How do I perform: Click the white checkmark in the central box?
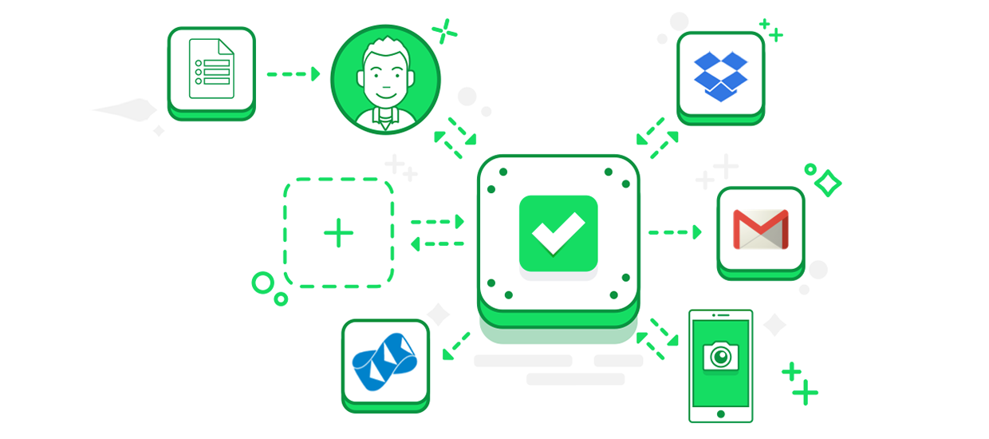point(558,233)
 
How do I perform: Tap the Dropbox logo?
point(720,77)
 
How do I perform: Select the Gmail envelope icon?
point(760,230)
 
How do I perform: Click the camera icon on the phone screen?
point(720,356)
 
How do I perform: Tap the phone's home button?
point(720,414)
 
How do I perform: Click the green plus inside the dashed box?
point(338,233)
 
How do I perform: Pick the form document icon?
point(211,69)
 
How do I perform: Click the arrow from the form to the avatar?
point(293,74)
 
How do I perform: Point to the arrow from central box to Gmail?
point(674,232)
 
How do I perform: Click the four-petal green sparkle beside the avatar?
point(445,31)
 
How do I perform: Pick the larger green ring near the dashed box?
point(262,283)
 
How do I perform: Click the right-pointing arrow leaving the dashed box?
point(437,221)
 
